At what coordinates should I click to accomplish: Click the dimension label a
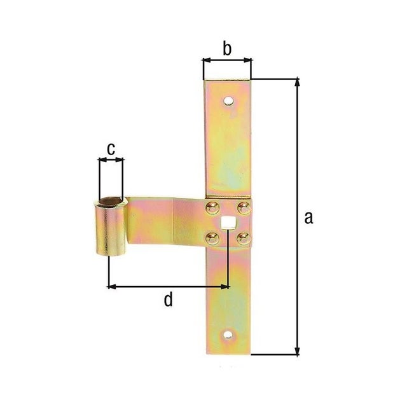click(x=308, y=217)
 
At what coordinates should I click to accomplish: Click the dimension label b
click(x=227, y=48)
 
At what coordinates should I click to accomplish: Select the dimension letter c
click(x=111, y=149)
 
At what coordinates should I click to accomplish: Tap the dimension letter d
click(x=168, y=299)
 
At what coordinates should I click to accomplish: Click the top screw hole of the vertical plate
click(x=229, y=100)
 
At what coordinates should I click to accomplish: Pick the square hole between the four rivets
click(x=226, y=223)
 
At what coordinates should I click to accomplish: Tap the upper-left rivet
click(x=212, y=208)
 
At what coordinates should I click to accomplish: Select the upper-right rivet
click(x=244, y=208)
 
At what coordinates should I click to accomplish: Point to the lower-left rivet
click(x=212, y=238)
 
